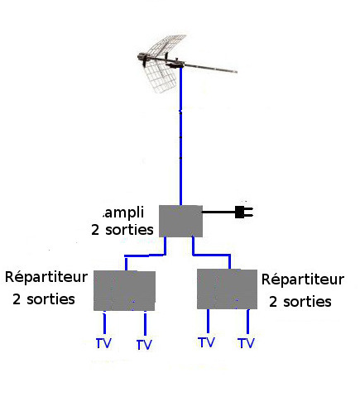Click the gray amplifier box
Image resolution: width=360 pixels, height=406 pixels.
point(180,221)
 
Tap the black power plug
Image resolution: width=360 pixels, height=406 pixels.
point(244,213)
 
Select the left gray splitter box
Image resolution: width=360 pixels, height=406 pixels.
point(124,291)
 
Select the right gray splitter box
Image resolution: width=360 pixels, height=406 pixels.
point(227,289)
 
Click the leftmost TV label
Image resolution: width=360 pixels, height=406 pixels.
point(103,343)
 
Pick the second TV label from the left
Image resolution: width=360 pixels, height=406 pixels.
point(144,345)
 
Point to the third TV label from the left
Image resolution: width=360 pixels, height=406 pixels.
point(206,342)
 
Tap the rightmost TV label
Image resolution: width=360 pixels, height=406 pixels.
point(246,343)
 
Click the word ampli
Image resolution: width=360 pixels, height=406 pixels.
point(123,213)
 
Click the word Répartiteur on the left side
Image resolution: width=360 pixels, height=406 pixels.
point(46,277)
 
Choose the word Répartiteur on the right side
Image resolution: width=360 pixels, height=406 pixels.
point(303,279)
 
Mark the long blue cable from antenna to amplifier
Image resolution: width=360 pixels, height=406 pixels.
point(180,136)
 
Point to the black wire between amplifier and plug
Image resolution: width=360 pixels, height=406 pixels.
point(218,212)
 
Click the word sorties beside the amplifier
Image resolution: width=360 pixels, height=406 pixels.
point(129,230)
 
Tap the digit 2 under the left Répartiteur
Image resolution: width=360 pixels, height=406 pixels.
point(17,299)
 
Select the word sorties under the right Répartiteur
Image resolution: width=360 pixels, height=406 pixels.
point(307,302)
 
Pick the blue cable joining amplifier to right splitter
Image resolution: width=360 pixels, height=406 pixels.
point(211,255)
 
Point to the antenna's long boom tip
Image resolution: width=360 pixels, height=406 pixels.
point(237,72)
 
